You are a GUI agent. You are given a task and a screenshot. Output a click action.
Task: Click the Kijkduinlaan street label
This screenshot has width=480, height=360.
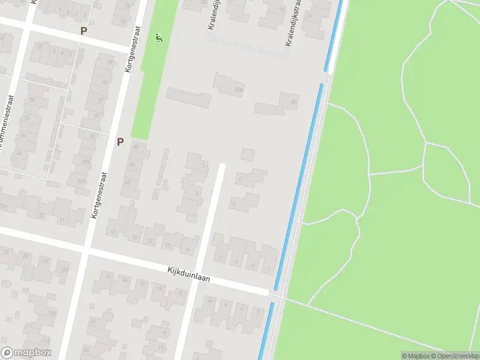click(192, 277)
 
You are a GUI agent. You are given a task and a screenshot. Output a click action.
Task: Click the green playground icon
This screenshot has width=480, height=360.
click(158, 38)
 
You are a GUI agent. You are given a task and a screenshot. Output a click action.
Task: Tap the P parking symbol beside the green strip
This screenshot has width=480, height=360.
click(120, 142)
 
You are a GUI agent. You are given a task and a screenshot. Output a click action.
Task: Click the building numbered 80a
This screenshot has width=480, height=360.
click(239, 90)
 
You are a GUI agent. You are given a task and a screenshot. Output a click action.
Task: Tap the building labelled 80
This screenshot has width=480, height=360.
click(293, 103)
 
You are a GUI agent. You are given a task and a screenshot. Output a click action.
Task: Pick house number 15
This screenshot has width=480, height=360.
click(134, 238)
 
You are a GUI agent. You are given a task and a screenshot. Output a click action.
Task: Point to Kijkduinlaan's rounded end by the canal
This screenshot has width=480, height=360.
click(265, 292)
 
